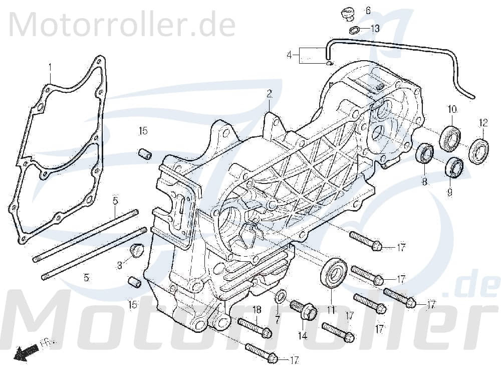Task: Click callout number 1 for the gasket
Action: [50, 67]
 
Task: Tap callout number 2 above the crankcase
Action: [269, 93]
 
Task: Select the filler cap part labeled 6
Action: [345, 13]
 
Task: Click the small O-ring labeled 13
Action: [354, 30]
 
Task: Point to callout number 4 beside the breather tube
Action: [289, 55]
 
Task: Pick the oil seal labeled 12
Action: [479, 150]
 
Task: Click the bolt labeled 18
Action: [255, 327]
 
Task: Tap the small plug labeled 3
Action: [136, 250]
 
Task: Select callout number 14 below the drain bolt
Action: [302, 336]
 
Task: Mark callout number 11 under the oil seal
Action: [331, 311]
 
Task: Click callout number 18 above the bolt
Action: [257, 309]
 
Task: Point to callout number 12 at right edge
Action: [483, 123]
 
